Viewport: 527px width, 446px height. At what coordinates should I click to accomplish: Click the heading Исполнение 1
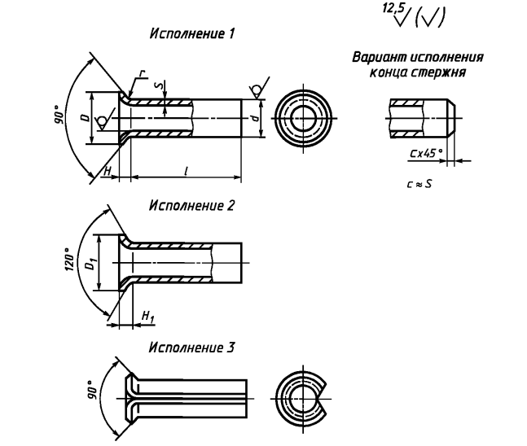tap(191, 33)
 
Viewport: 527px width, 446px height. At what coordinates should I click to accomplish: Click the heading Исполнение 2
tap(191, 205)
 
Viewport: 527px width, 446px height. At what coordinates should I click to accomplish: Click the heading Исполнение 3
tap(191, 348)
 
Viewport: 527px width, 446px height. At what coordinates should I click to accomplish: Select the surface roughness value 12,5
tap(393, 7)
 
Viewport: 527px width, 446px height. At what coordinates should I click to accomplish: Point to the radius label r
tap(143, 73)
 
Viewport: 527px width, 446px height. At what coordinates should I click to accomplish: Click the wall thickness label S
tap(162, 85)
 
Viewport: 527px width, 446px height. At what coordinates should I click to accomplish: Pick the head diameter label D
tap(86, 117)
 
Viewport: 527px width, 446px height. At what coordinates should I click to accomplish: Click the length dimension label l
tap(186, 171)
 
